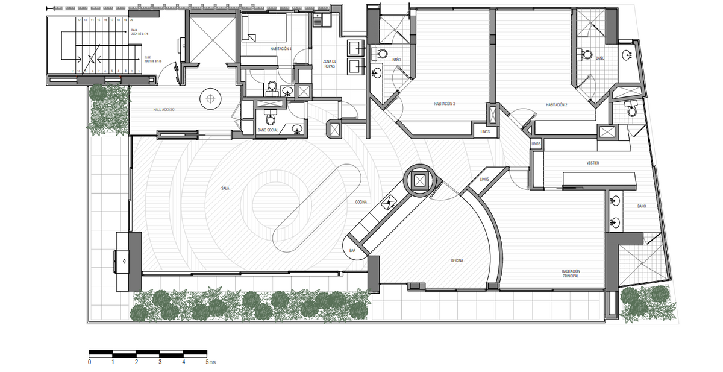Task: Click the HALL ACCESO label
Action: click(164, 109)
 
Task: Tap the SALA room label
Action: click(225, 189)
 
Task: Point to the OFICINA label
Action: click(461, 260)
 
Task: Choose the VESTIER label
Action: click(593, 163)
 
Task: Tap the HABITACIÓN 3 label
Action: click(445, 104)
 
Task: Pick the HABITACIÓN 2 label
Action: click(557, 105)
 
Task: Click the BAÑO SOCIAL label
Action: click(268, 130)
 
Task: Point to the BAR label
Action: click(353, 250)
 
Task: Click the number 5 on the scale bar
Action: click(207, 362)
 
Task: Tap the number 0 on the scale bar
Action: click(89, 362)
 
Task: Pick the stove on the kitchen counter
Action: click(390, 202)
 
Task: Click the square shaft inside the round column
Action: click(419, 179)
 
